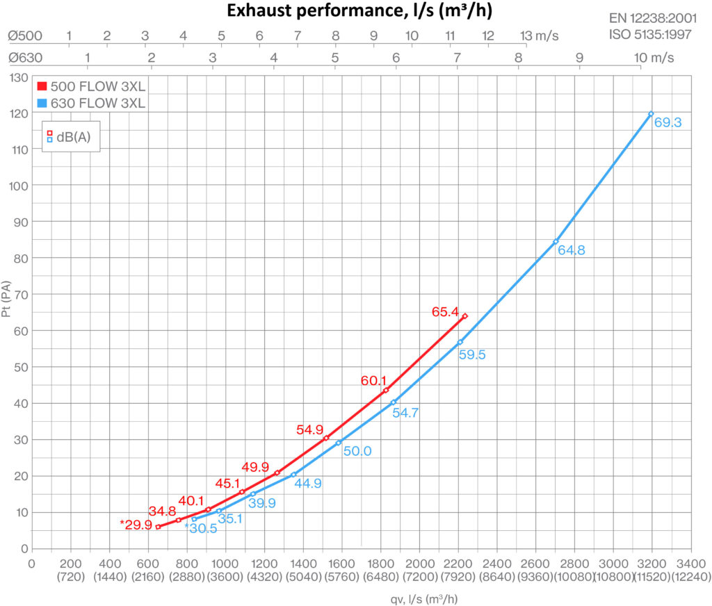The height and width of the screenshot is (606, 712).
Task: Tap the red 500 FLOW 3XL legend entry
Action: coord(90,86)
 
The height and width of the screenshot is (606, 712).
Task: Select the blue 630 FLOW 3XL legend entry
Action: coord(90,104)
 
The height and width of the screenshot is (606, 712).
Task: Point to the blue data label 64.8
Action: coord(572,249)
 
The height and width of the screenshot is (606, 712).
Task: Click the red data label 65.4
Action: coord(446,313)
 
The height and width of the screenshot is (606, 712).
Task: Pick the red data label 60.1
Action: coord(373,380)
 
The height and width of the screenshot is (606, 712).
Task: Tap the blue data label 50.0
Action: coord(357,451)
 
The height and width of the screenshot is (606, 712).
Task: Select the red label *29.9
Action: coord(136,525)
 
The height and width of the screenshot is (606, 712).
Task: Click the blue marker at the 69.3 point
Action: coord(651,113)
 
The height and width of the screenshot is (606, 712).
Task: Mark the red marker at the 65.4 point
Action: coord(464,316)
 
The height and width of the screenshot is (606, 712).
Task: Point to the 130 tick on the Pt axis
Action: coord(19,76)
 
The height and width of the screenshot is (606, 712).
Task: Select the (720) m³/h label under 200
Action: coord(70,576)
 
